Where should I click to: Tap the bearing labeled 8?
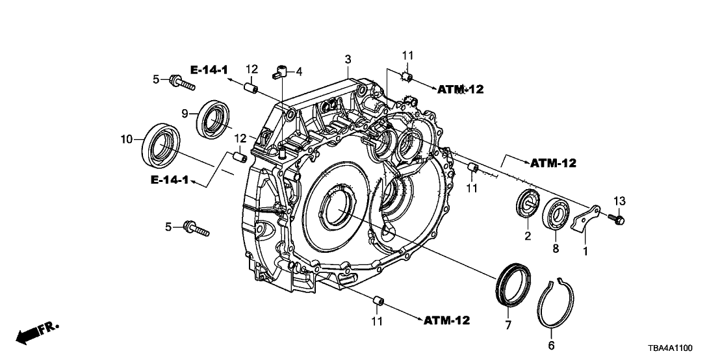coord(556,209)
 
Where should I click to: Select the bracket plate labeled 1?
coord(585,217)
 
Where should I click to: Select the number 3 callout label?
coord(348,59)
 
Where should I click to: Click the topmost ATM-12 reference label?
coord(460,90)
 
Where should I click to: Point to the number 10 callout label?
coord(127,138)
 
